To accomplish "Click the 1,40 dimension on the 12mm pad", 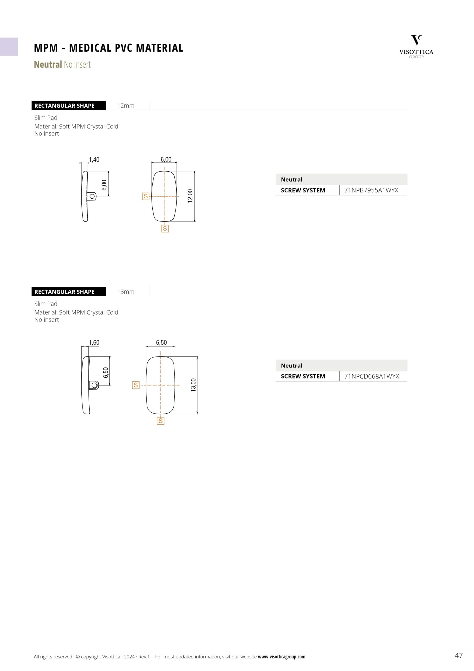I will (x=94, y=160).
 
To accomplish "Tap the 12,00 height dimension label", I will (x=190, y=196).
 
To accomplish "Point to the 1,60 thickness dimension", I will (x=94, y=343).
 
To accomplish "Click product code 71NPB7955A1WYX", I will (x=371, y=190).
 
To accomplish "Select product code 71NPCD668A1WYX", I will (x=372, y=376).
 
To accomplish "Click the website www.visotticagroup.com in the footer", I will (x=282, y=657).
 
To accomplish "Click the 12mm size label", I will (x=126, y=106).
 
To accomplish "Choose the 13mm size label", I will (x=126, y=292).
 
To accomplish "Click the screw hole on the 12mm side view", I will (x=92, y=196).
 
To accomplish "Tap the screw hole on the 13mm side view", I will (x=94, y=386).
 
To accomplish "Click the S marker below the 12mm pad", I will (x=165, y=229).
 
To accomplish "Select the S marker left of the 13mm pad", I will (x=135, y=385).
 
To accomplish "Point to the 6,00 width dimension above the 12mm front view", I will (x=166, y=159).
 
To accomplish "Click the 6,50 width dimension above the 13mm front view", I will (x=161, y=343).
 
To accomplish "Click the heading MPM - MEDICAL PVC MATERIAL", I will (x=108, y=48).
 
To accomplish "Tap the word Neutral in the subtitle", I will (x=48, y=64).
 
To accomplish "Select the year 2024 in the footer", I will (x=129, y=657).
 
